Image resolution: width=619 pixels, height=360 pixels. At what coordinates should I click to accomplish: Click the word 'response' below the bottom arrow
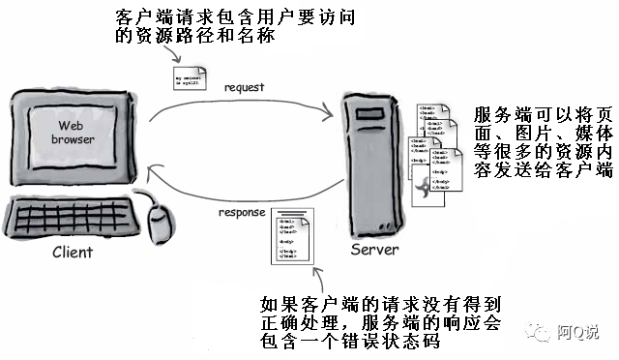pos(241,212)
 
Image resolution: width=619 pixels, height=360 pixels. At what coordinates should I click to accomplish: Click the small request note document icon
pos(188,78)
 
